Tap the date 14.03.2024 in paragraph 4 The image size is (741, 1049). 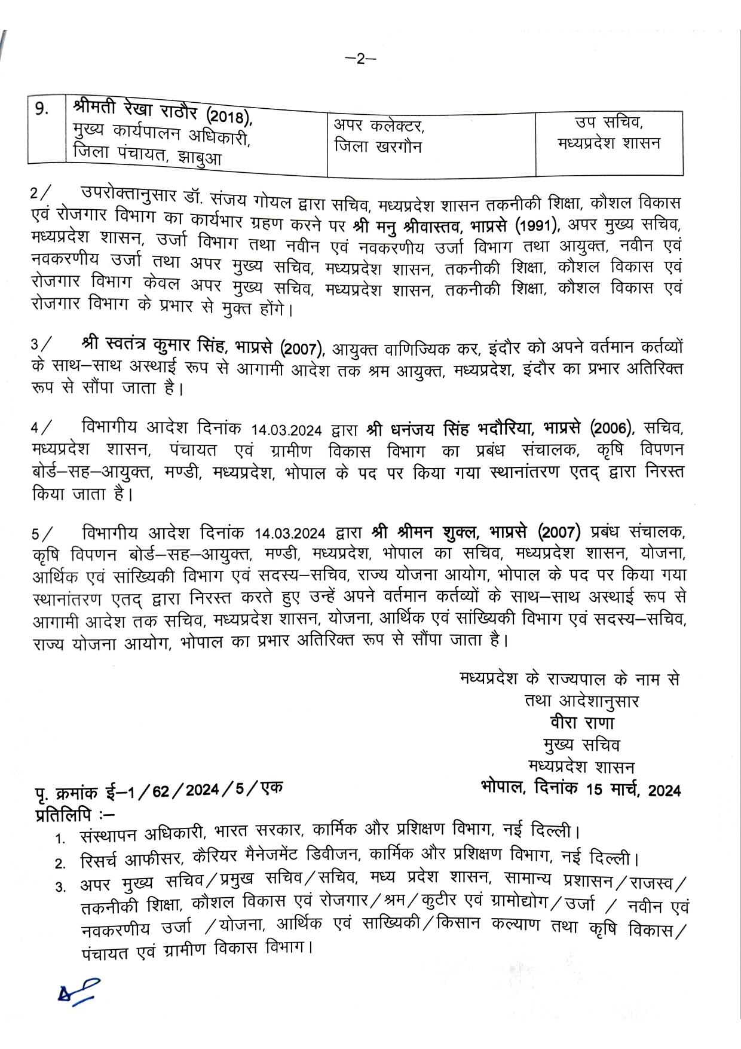[x=287, y=430]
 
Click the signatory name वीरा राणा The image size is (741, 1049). [x=582, y=723]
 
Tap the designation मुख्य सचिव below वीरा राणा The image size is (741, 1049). [x=581, y=745]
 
